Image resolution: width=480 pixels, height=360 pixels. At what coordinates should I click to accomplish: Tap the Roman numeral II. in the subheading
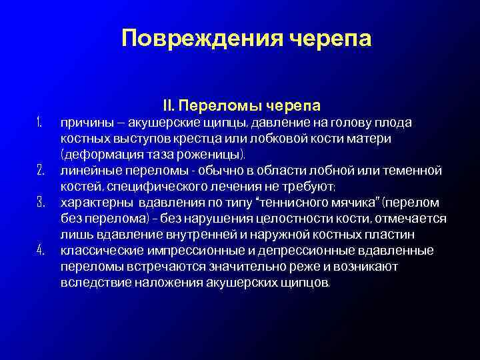click(x=169, y=106)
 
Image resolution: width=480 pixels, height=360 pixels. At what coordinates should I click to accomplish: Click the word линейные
click(x=87, y=171)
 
